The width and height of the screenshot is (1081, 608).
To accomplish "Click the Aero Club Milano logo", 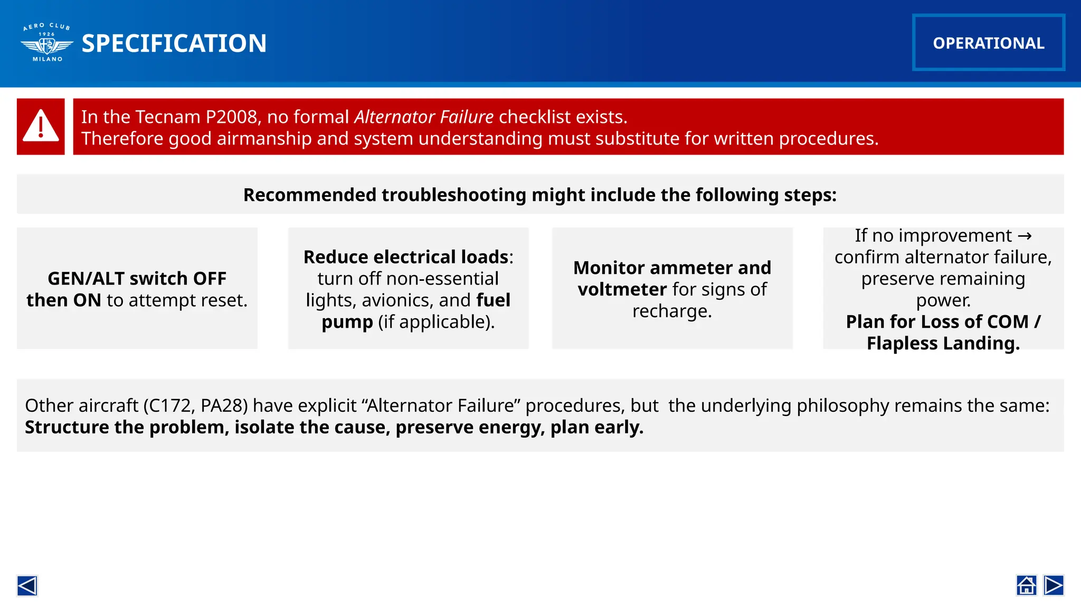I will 47,43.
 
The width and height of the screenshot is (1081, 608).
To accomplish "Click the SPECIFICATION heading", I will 174,43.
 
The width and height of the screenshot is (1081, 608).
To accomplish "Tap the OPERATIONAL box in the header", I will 988,43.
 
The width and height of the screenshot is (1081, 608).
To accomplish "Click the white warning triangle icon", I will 41,126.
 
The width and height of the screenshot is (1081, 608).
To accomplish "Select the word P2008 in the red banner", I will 232,117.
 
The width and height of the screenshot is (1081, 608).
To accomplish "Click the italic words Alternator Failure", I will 424,117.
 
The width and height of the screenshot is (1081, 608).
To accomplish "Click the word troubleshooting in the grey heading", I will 453,195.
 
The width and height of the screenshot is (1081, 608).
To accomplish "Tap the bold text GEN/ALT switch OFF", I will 137,278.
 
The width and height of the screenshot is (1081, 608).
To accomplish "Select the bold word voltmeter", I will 622,289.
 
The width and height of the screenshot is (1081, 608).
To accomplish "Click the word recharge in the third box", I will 672,311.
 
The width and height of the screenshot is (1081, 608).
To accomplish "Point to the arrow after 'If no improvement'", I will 1025,235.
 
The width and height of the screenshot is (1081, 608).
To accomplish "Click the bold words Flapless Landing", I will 943,343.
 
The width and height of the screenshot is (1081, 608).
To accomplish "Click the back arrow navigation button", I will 27,585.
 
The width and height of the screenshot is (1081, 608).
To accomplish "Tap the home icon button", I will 1026,585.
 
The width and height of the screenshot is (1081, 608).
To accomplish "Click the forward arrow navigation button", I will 1054,585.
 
